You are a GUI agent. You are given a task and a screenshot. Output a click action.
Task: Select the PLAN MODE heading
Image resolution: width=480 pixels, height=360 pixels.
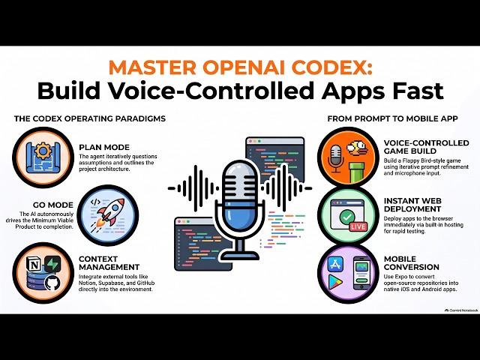pos(104,147)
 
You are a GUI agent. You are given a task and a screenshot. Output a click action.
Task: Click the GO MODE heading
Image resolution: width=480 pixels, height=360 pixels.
pos(53,205)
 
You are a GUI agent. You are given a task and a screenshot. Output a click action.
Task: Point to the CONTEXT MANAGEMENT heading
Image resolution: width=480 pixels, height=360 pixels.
pos(109,263)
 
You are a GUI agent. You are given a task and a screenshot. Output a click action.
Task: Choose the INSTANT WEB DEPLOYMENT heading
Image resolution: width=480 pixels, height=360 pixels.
pos(412,205)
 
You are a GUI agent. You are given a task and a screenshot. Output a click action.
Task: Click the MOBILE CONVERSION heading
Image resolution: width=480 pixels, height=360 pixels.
pos(412,263)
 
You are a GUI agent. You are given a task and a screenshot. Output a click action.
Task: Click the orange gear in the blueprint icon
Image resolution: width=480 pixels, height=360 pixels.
pos(43,151)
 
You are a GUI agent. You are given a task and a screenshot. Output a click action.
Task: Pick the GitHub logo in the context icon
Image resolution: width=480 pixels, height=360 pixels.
pos(52,283)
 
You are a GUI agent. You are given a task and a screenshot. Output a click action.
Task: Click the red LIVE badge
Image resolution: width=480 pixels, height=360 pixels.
pos(358,226)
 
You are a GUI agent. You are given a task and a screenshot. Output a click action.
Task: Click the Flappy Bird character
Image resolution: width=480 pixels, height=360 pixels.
pos(356,148)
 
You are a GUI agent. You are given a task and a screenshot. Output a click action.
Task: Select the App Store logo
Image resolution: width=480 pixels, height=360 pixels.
pos(336,264)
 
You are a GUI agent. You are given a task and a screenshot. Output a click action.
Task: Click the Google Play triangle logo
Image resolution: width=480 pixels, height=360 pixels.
pos(335,282)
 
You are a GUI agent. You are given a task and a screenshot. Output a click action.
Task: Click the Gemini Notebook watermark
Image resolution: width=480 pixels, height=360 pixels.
pos(461,310)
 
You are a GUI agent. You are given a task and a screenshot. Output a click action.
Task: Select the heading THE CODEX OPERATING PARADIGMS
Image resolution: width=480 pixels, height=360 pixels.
pos(90,118)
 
